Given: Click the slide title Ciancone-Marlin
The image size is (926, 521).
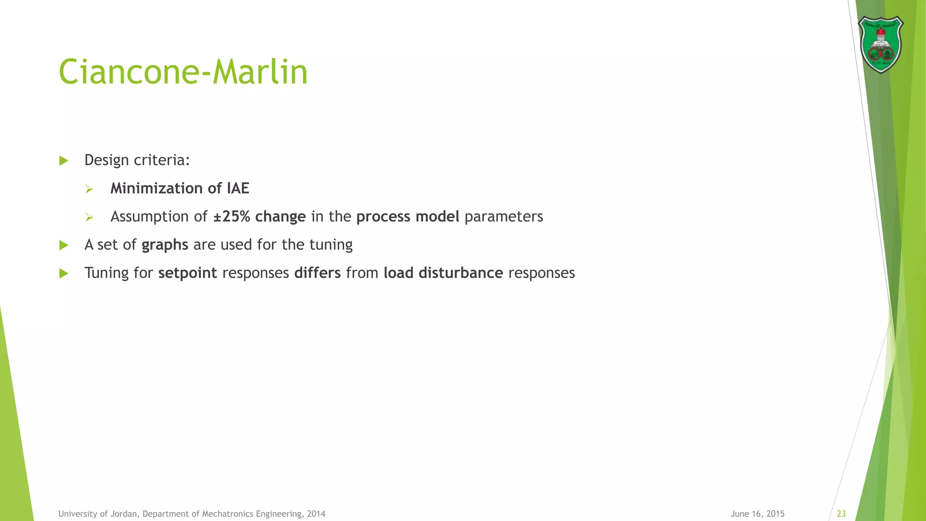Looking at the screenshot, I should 183,72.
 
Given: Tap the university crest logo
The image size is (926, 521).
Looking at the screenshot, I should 880,44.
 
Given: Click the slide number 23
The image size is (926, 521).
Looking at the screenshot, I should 841,514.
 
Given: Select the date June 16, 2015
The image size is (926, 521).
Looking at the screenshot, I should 757,514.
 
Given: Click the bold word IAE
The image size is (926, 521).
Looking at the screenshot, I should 238,188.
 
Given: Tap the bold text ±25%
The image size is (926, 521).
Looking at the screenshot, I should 231,217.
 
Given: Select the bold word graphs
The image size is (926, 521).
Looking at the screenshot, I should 165,245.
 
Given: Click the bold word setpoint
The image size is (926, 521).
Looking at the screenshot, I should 188,273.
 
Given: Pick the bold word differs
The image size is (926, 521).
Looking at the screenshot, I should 317,273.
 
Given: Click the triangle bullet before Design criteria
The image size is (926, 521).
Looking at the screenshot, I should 64,161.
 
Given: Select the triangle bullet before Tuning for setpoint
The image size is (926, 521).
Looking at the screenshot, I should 64,273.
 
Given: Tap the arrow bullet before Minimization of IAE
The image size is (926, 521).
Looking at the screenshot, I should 89,189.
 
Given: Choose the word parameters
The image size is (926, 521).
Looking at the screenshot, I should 504,217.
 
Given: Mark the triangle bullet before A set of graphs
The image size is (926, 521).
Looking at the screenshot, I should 64,245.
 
